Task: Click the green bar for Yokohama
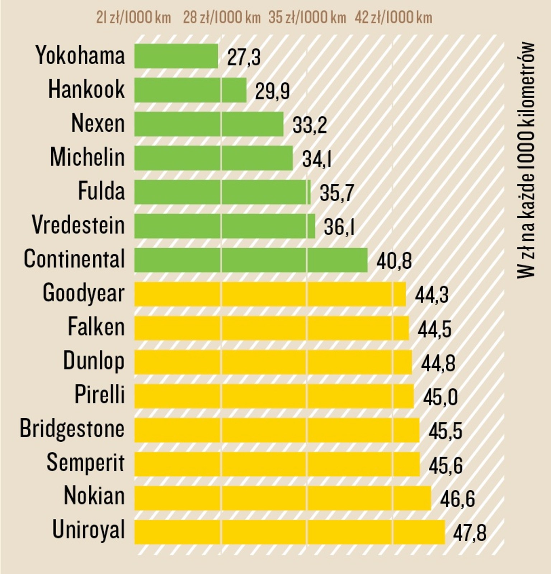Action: [x=176, y=56]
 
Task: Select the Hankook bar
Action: [x=190, y=90]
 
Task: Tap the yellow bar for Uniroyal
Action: [x=289, y=532]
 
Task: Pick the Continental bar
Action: [x=251, y=260]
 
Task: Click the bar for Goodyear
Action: [x=270, y=294]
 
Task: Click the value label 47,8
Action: [x=470, y=533]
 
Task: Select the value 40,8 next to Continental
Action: [x=394, y=261]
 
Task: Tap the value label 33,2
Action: [x=310, y=125]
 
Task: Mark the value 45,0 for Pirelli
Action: [x=440, y=397]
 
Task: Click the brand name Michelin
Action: [x=87, y=157]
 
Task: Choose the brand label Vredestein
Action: [x=78, y=225]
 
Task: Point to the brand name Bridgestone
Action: [x=72, y=428]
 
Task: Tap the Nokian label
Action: [x=94, y=496]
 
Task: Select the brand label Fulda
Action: [x=102, y=191]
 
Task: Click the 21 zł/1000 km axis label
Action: [x=133, y=18]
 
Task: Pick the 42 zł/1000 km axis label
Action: [x=394, y=18]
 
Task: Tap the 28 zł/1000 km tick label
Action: [x=222, y=18]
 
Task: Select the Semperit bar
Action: [x=277, y=464]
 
